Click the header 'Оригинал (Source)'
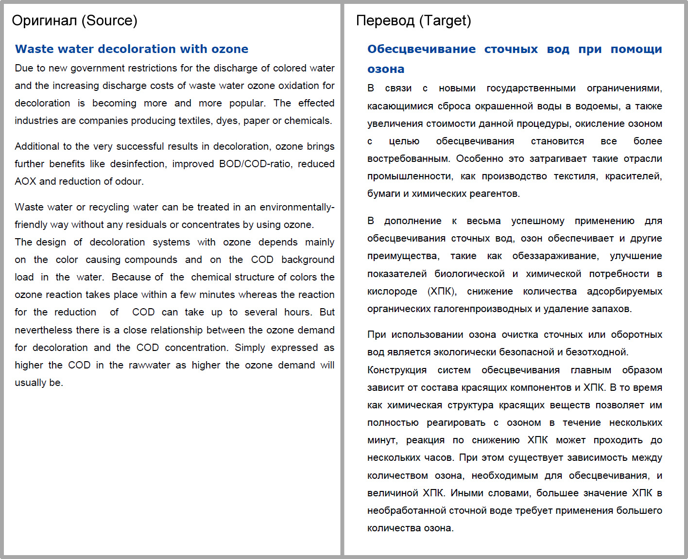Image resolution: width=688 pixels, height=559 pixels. [x=74, y=20]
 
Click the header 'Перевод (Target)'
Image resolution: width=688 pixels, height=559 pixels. [x=413, y=20]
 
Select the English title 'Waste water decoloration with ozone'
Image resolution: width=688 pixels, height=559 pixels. [x=132, y=49]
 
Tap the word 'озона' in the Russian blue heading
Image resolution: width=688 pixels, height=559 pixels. [x=386, y=69]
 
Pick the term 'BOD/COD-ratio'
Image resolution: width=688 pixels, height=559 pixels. [x=255, y=164]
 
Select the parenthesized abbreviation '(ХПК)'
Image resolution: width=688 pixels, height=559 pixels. [x=442, y=291]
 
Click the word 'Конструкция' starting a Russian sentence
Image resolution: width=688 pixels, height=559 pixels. [x=397, y=370]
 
